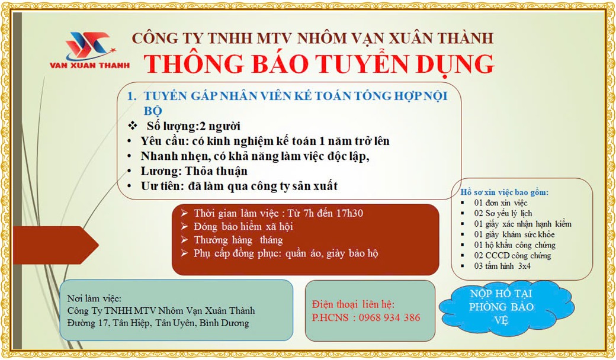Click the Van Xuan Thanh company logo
(x=89, y=50)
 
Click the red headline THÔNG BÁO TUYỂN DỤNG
(x=319, y=64)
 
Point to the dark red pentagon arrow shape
(x=56, y=245)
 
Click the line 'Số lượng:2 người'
(x=194, y=127)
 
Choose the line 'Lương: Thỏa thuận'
(x=194, y=172)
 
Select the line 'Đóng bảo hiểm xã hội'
(x=243, y=227)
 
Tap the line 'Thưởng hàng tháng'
(x=238, y=240)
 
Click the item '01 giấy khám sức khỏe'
(x=514, y=234)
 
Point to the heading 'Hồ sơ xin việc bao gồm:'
(x=505, y=193)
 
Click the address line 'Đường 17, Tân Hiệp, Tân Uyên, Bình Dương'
(x=158, y=323)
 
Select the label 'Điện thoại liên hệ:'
(x=353, y=304)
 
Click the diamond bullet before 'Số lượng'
(x=132, y=126)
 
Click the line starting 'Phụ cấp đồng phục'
(x=285, y=253)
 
